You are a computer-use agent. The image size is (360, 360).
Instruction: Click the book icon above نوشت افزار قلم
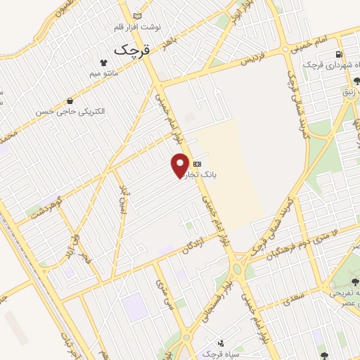pos(136,15)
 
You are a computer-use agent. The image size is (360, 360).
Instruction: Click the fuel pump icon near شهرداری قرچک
pos(340,54)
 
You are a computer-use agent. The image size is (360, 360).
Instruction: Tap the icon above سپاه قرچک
pos(221,343)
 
